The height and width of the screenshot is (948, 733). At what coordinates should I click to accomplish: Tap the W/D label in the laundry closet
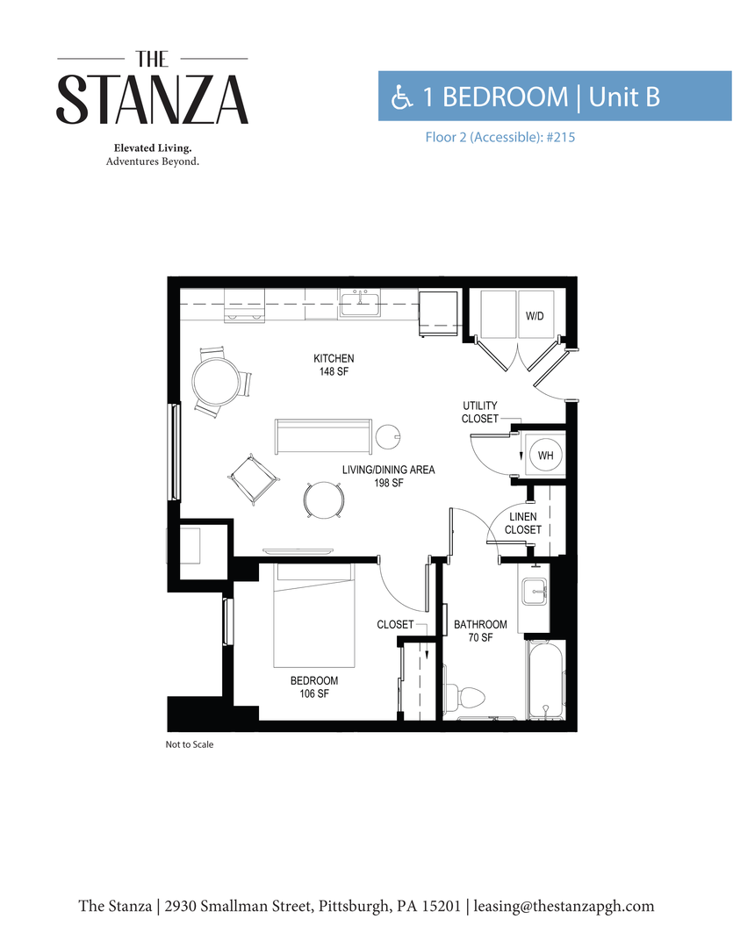535,315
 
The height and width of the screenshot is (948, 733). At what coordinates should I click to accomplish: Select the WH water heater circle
545,456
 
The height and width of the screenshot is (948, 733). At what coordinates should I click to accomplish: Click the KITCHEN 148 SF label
334,364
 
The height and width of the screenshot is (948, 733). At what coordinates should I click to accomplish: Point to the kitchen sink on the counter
359,304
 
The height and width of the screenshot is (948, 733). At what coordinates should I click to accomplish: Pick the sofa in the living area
320,436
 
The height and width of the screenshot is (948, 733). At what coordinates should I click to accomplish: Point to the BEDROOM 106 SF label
314,686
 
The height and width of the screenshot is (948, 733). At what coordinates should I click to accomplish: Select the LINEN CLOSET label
523,523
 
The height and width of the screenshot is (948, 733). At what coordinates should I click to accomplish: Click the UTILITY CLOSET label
480,412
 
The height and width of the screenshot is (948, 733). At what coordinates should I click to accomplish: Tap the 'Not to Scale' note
190,744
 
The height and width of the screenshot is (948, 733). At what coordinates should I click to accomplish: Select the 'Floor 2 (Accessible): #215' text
499,137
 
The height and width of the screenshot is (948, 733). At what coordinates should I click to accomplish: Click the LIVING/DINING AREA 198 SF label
388,476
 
